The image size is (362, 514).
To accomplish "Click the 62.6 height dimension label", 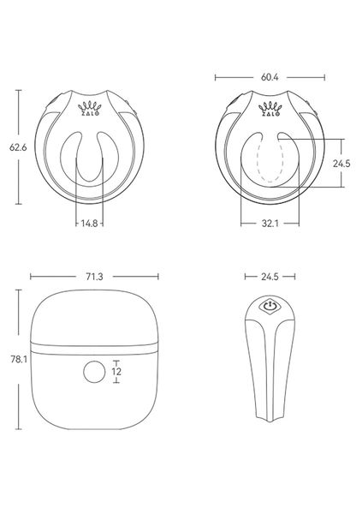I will [x=15, y=147].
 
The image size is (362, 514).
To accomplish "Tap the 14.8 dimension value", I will [x=89, y=223].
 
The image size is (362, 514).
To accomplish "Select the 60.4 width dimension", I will [x=270, y=77].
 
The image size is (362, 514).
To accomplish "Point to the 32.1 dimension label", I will [x=270, y=223].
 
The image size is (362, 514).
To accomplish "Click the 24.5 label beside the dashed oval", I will [x=341, y=163].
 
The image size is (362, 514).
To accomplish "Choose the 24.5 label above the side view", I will [x=270, y=277].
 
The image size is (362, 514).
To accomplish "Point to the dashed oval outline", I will [x=270, y=163].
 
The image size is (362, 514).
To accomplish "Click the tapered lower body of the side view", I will [x=270, y=385].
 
